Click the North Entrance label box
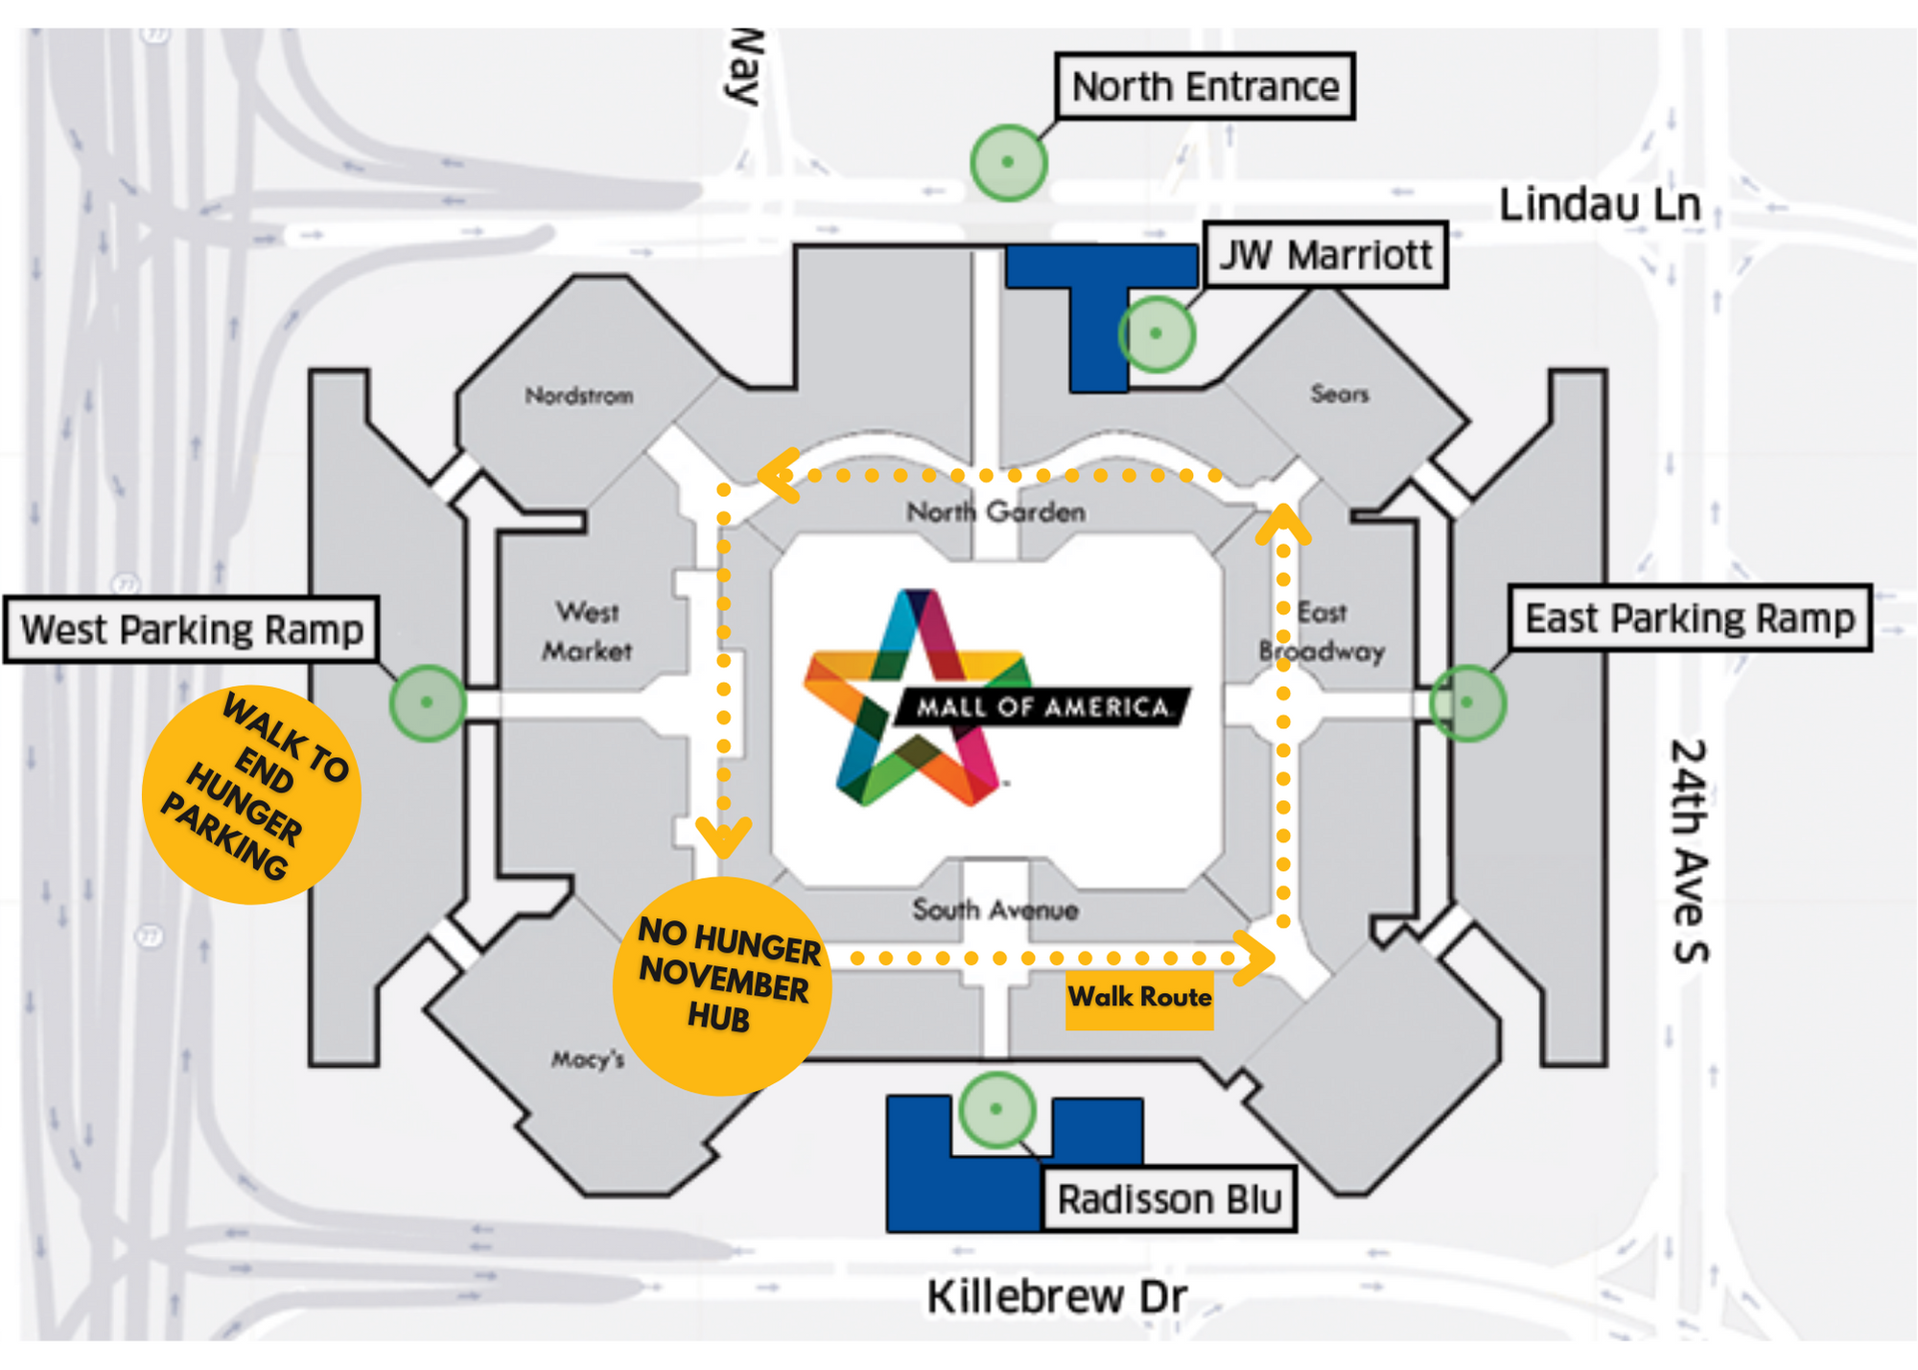1205,86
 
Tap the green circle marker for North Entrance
1008,162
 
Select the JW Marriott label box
1325,255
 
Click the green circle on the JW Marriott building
1156,333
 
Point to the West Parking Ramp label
192,629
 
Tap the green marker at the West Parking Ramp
428,702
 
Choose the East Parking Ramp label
1690,619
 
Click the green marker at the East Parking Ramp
1467,702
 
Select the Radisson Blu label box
1169,1199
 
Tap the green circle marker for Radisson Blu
996,1109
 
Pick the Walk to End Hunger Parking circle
251,794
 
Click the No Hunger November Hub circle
722,985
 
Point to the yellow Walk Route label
1139,998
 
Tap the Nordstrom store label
579,395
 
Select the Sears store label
1340,393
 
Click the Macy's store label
588,1059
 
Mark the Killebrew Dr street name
1057,1297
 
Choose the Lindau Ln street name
1600,205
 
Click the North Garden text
995,512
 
